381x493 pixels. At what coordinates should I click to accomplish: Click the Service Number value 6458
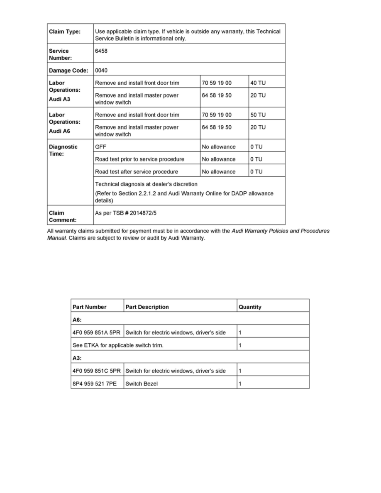click(102, 51)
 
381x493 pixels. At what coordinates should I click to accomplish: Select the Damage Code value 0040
click(102, 71)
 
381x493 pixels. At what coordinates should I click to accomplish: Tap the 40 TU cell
click(258, 83)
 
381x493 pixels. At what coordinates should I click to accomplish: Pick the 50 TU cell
click(258, 115)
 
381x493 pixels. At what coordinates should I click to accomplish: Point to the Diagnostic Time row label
click(63, 150)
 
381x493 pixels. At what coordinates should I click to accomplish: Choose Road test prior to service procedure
click(139, 159)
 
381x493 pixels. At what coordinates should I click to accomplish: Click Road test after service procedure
click(137, 172)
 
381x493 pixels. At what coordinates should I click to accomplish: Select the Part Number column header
click(89, 307)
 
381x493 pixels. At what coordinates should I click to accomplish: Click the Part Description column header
click(147, 307)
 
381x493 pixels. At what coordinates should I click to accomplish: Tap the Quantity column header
click(250, 307)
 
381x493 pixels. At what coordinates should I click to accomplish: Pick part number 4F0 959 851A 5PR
click(97, 333)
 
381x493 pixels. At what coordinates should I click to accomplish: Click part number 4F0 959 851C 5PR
click(97, 371)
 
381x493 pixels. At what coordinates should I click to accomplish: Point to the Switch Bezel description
click(142, 384)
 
